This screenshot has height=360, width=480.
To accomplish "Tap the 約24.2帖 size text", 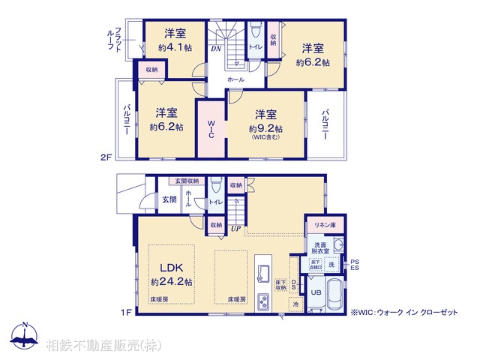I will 172,282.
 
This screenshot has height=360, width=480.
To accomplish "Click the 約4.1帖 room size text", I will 175,46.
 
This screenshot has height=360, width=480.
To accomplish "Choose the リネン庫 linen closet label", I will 324,226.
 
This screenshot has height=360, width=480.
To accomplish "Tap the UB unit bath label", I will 316,292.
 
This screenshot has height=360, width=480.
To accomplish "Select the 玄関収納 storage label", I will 187,181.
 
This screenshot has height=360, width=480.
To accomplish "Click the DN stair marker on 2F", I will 214,49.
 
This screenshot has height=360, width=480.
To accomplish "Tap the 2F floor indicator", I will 106,157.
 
